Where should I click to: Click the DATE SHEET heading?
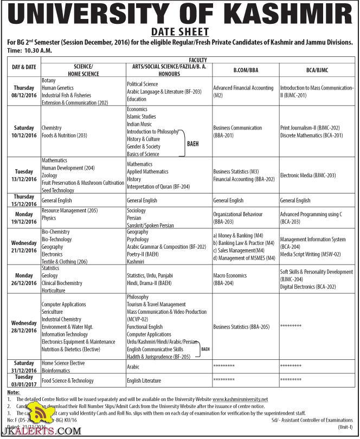pos(179,32)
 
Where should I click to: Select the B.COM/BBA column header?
pos(245,70)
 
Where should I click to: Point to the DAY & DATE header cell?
pos(24,67)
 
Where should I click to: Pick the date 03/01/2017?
pos(24,384)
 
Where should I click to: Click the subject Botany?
pos(49,80)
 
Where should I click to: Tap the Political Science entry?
pos(143,84)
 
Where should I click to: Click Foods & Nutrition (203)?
pos(65,135)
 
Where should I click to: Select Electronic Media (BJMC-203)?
pos(308,175)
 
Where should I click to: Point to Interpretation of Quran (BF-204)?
pos(158,186)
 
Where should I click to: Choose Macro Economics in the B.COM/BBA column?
pos(230,275)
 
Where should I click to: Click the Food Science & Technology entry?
pos(68,380)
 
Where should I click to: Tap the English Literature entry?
pos(144,380)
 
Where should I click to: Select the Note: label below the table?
pos(14,391)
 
